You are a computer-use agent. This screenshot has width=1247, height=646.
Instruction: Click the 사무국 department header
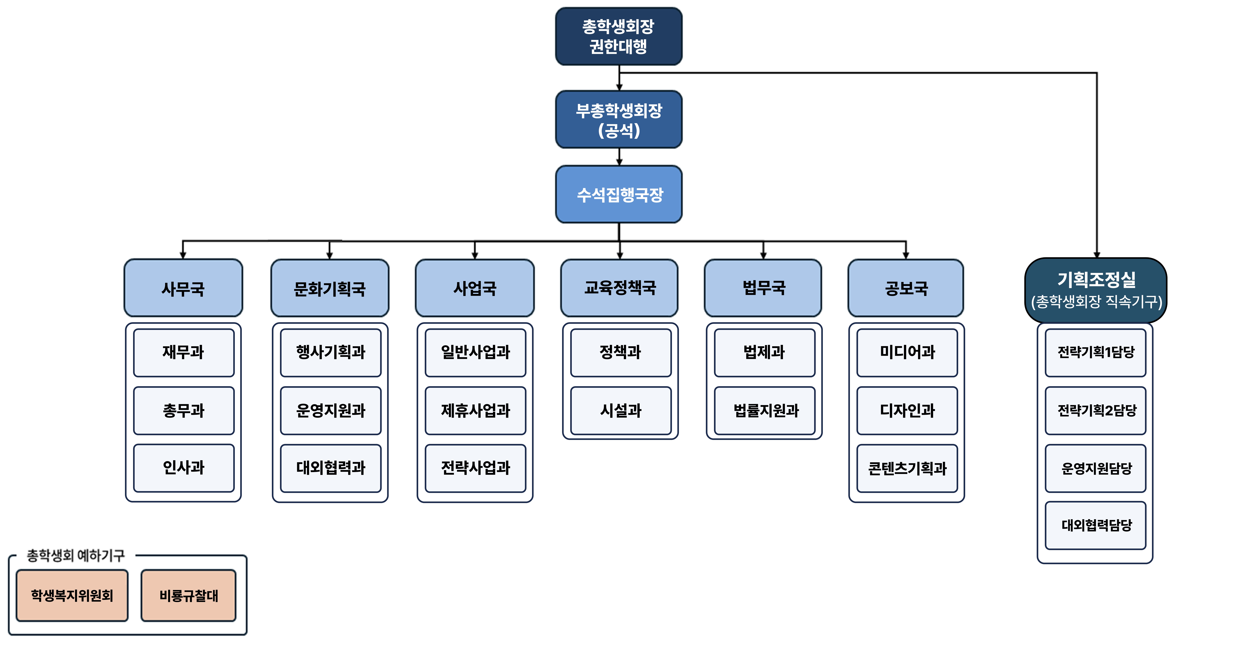pyautogui.click(x=183, y=288)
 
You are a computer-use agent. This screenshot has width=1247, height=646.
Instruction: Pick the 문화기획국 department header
pyautogui.click(x=330, y=288)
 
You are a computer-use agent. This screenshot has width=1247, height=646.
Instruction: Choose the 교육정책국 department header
pyautogui.click(x=619, y=288)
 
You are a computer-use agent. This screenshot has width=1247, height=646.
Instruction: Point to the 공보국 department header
pyautogui.click(x=906, y=288)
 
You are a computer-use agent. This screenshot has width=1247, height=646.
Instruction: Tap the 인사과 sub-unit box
pyautogui.click(x=184, y=468)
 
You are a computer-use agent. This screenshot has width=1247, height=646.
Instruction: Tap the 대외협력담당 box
pyautogui.click(x=1096, y=525)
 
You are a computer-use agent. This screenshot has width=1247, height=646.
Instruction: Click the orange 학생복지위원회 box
pyautogui.click(x=72, y=595)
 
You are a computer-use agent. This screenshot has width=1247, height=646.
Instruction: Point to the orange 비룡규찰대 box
pyautogui.click(x=188, y=595)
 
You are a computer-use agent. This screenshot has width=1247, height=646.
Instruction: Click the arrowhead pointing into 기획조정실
pyautogui.click(x=1096, y=254)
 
